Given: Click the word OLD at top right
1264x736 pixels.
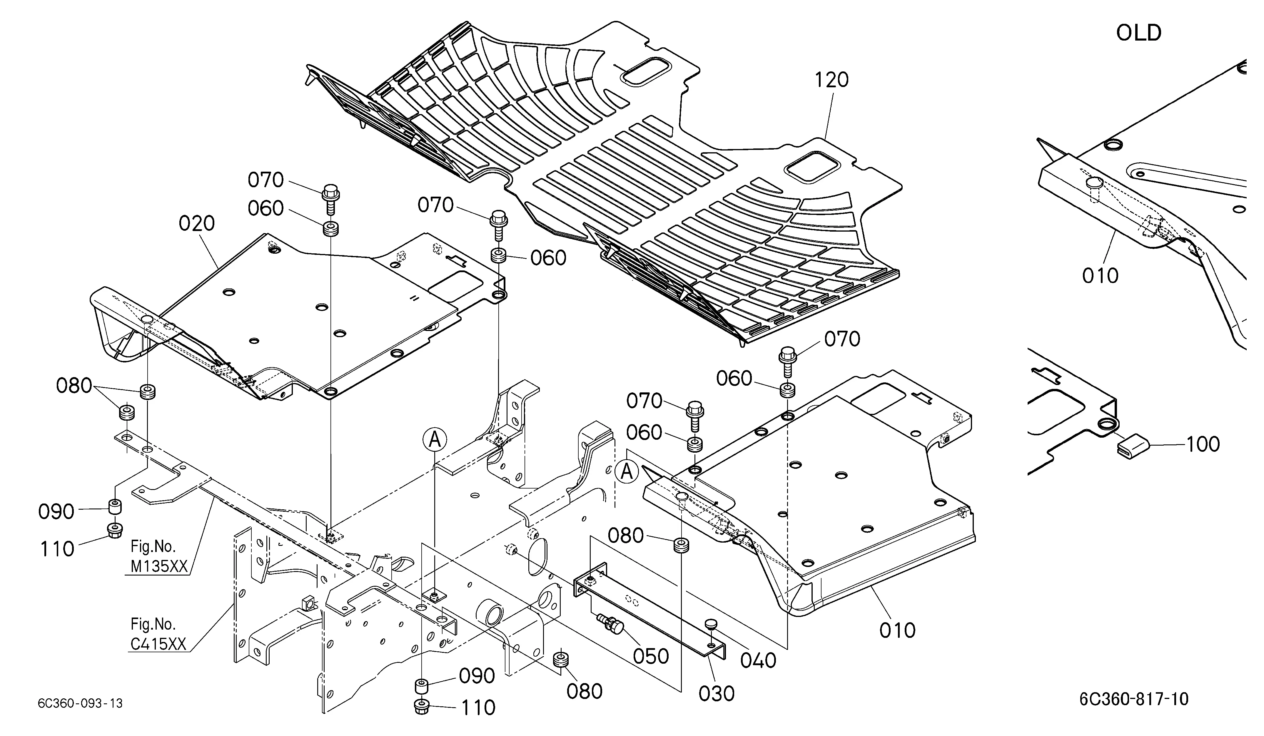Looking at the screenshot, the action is (x=1139, y=33).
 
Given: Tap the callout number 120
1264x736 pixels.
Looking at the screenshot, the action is (x=831, y=80).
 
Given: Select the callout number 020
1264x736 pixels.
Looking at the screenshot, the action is (x=197, y=224).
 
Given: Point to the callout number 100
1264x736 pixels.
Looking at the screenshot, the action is (x=1203, y=444).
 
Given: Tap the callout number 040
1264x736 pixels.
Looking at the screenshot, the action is (x=758, y=661).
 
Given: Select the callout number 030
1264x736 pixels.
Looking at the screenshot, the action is (x=716, y=694).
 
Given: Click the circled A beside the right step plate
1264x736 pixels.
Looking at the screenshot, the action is (x=627, y=472).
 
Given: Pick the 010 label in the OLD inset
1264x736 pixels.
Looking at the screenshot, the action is (x=1101, y=276).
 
